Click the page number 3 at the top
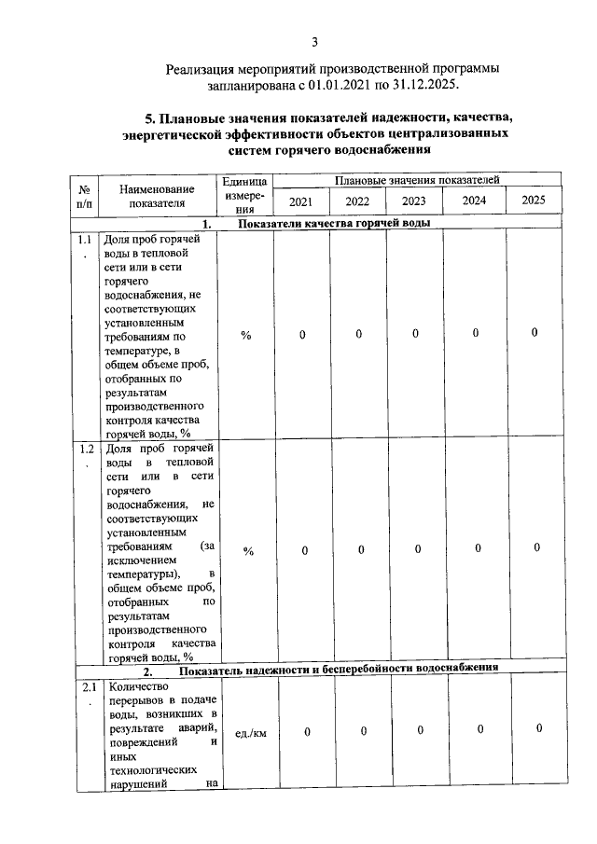tap(314, 42)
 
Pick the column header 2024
tap(474, 201)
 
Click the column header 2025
tap(534, 201)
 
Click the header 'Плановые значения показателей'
tap(417, 179)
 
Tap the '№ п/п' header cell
tap(84, 195)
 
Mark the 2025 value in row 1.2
tap(537, 547)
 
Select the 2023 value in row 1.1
tap(415, 334)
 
